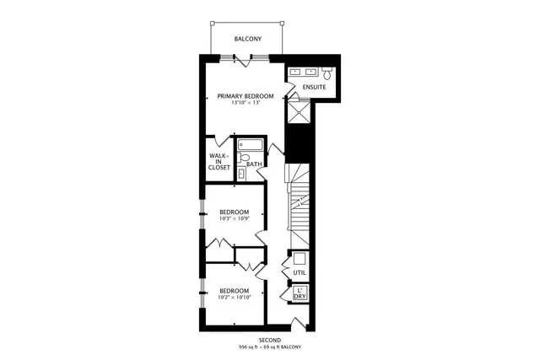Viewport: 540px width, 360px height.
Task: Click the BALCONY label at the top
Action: (247, 40)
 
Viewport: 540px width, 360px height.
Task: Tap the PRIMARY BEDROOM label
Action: (246, 97)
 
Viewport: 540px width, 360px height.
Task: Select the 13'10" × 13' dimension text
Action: (246, 105)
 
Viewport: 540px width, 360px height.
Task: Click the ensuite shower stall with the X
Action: (298, 110)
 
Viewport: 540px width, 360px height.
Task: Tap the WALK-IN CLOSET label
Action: (219, 162)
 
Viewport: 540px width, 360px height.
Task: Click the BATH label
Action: (253, 164)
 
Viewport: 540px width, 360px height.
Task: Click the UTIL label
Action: (300, 273)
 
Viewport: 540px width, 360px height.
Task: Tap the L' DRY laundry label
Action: (300, 293)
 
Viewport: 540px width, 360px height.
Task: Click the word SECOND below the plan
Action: (270, 340)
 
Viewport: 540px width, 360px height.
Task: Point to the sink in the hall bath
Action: (242, 174)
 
